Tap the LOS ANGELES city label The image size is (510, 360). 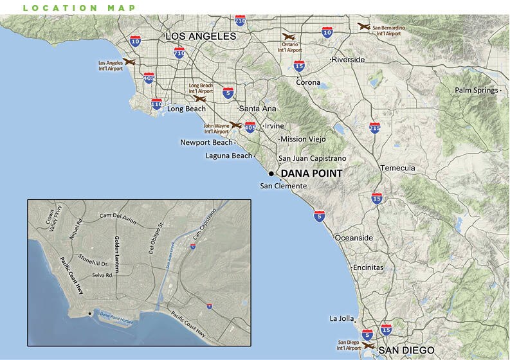[201, 37]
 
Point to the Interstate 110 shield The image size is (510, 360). [156, 104]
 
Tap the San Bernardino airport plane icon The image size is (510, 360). [364, 26]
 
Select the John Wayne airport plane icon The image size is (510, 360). [235, 125]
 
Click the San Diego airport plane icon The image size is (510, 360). [369, 345]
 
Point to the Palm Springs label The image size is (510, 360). [477, 91]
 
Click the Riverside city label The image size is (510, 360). [348, 60]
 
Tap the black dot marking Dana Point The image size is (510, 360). [271, 174]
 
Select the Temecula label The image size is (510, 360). [398, 168]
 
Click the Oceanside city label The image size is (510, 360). [354, 238]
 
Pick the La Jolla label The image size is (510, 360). [342, 318]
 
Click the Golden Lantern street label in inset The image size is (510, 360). [117, 253]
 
